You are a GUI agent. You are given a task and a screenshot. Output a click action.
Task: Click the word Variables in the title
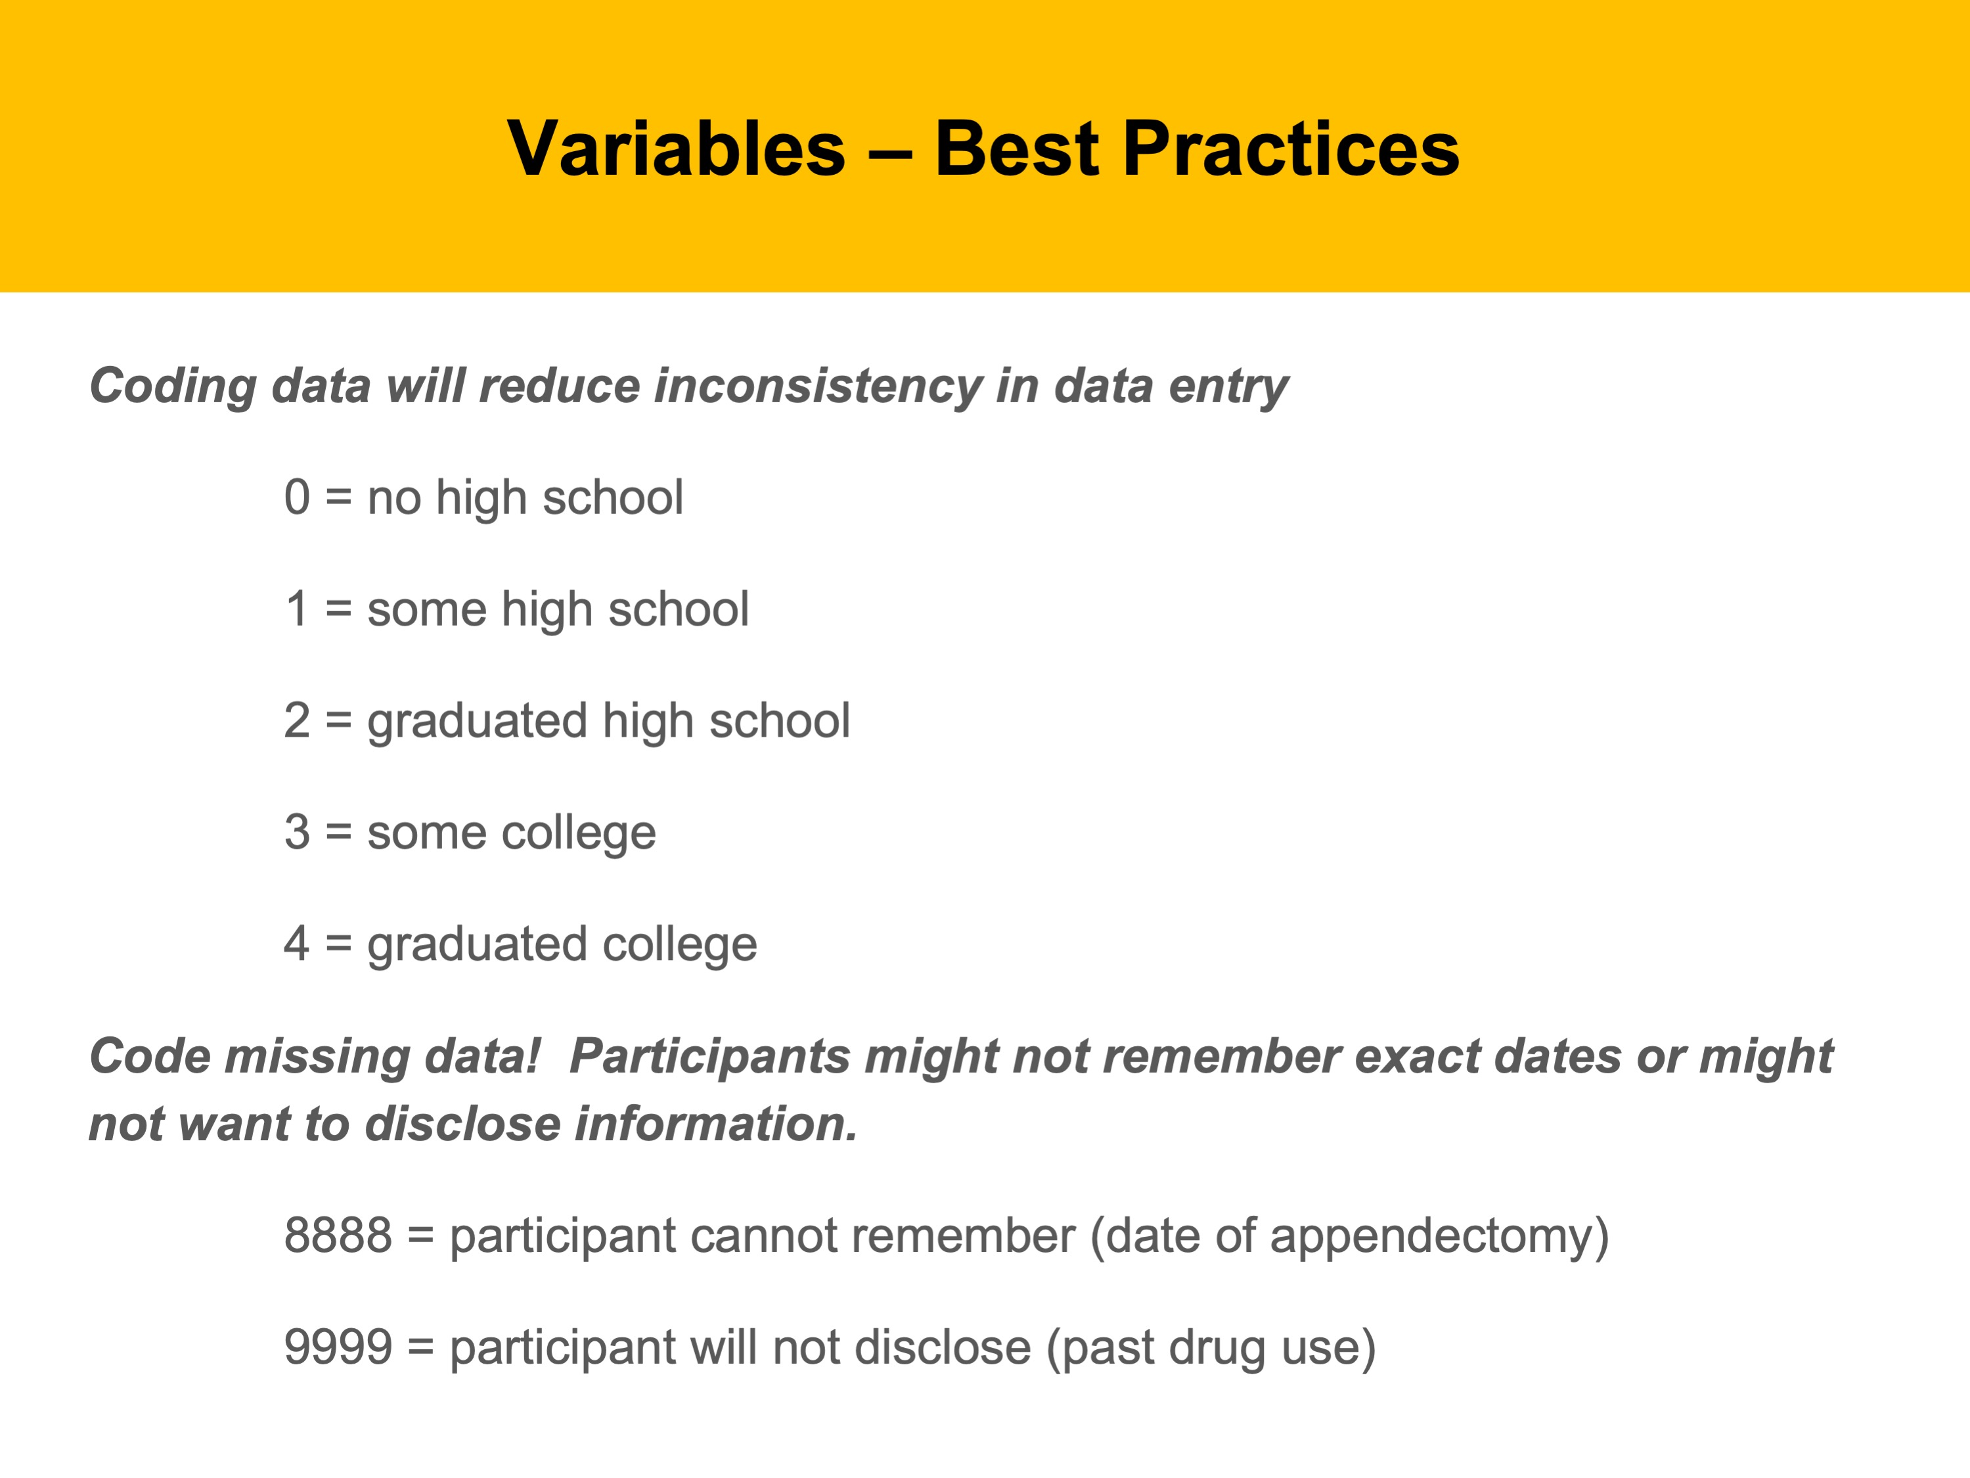click(676, 148)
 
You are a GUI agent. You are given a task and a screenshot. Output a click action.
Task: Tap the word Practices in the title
click(1291, 148)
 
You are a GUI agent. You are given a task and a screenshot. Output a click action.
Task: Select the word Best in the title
click(1017, 148)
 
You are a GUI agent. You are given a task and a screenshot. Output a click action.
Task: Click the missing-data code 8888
click(338, 1235)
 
